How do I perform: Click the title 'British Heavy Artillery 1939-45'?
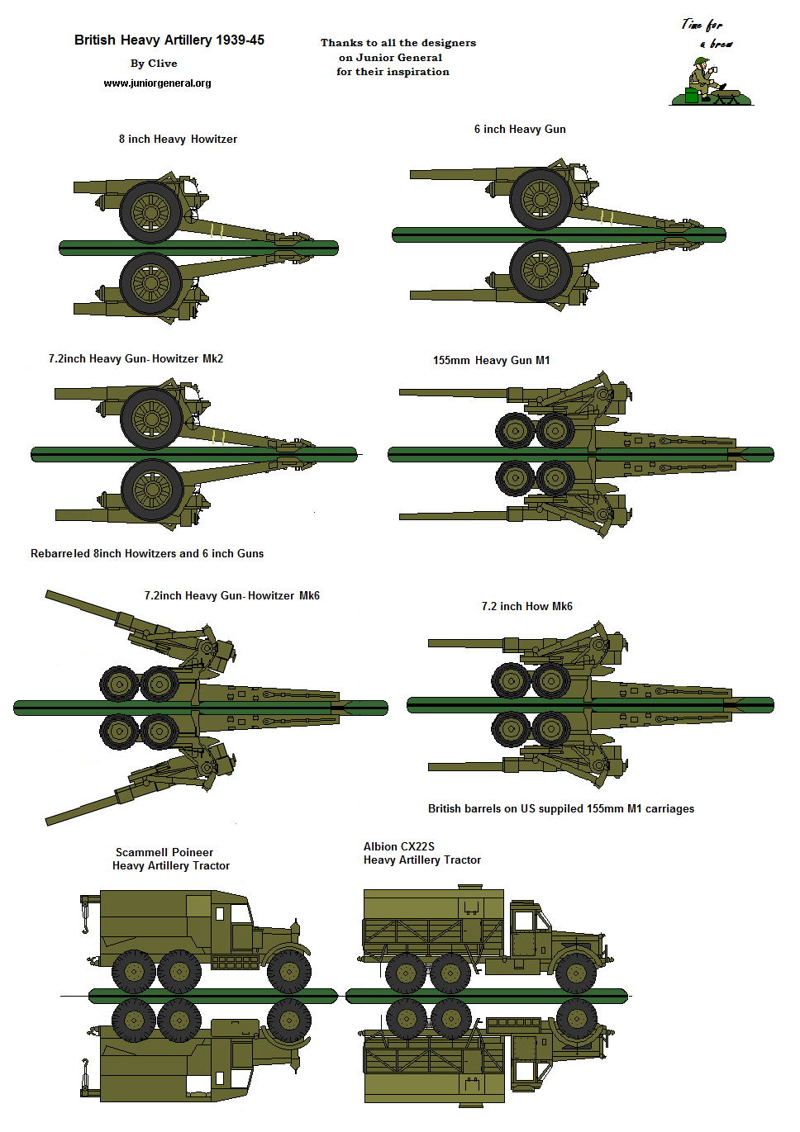point(169,40)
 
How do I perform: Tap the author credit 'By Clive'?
point(154,64)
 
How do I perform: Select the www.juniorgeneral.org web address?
point(157,83)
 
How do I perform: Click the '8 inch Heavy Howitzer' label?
point(178,140)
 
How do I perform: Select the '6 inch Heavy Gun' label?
point(520,130)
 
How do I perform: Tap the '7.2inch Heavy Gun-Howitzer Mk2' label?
point(136,359)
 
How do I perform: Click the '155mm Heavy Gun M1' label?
point(491,361)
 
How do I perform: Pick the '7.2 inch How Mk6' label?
point(526,607)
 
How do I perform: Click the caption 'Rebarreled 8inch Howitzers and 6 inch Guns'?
point(147,554)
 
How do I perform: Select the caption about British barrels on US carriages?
point(560,809)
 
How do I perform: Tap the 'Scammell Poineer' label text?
point(164,853)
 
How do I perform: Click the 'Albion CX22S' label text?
point(398,847)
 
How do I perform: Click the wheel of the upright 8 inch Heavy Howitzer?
point(150,212)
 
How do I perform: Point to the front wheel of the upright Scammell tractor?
point(289,971)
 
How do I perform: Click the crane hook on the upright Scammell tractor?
point(84,925)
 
